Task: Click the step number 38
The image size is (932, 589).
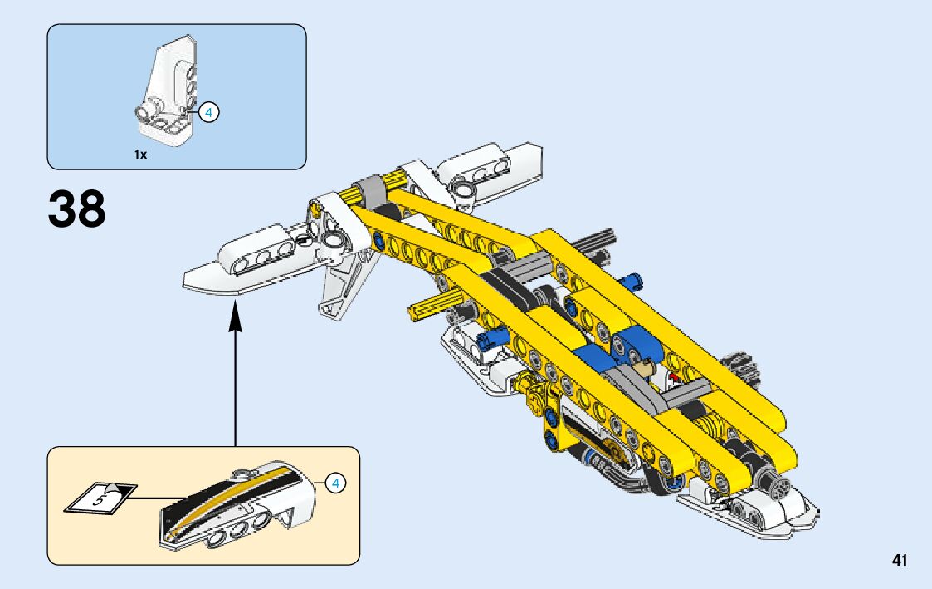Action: pyautogui.click(x=77, y=209)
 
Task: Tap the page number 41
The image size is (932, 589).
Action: pyautogui.click(x=900, y=561)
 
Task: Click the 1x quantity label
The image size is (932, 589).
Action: pyautogui.click(x=140, y=155)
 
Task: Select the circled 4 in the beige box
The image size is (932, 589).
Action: pyautogui.click(x=334, y=482)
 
